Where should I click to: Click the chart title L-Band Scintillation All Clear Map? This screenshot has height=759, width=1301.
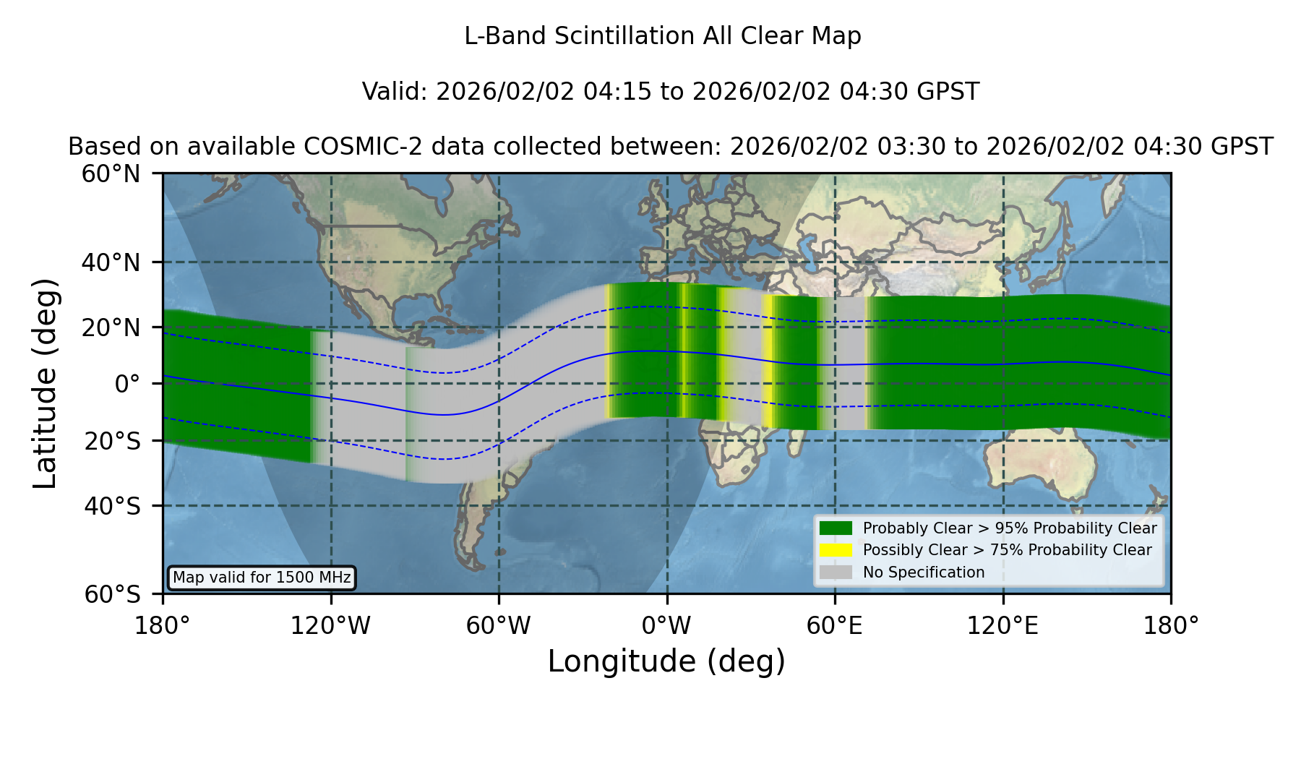pos(662,36)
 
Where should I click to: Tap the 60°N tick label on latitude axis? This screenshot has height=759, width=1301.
pos(111,174)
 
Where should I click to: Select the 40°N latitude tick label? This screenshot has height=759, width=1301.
pos(111,262)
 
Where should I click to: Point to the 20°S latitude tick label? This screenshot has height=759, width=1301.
pos(112,441)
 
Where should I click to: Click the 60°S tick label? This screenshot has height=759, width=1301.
pos(112,594)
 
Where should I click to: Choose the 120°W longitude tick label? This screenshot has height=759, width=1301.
pos(330,626)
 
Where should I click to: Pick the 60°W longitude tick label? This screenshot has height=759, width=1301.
pos(499,626)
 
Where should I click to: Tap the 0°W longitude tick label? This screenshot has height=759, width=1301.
pos(666,626)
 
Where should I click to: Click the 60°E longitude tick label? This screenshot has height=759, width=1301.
pos(835,626)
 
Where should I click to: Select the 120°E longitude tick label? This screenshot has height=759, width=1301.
pos(1002,626)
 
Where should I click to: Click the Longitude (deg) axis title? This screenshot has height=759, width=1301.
pos(666,661)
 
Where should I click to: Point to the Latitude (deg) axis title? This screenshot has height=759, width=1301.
pos(46,383)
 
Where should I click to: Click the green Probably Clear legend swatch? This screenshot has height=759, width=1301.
pos(836,528)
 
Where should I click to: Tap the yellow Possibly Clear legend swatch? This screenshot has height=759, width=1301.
pos(836,550)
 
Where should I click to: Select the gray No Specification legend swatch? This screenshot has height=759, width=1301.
pos(836,573)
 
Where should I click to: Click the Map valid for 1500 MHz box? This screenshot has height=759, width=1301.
pos(262,578)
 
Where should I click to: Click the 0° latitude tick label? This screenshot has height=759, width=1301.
pos(127,384)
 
